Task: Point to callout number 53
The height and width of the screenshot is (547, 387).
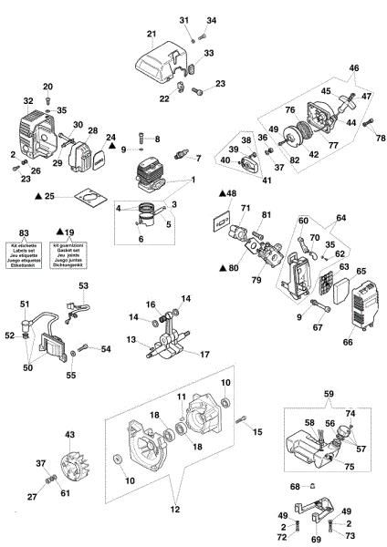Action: [x=83, y=286]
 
